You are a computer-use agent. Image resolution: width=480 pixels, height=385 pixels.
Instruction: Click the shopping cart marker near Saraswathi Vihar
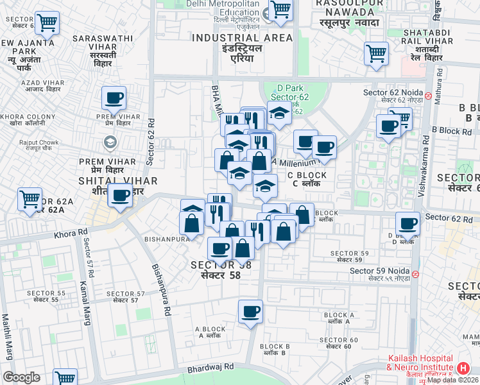pyautogui.click(x=47, y=23)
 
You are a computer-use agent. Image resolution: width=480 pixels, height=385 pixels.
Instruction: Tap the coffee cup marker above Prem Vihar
pyautogui.click(x=114, y=98)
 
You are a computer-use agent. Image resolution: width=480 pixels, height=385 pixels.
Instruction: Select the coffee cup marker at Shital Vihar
pyautogui.click(x=120, y=196)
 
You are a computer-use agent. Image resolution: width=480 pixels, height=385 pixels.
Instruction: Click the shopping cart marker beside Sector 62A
pyautogui.click(x=30, y=200)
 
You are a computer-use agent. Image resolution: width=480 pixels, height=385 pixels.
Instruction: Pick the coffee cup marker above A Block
pyautogui.click(x=250, y=312)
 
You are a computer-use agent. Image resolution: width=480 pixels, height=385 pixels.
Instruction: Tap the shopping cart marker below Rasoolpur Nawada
pyautogui.click(x=376, y=53)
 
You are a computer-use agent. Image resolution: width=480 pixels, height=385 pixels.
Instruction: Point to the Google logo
pyautogui.click(x=21, y=377)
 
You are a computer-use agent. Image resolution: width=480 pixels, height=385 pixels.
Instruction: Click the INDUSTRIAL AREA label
pyautogui.click(x=243, y=38)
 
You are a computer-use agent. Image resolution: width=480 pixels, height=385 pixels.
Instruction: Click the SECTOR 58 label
pyautogui.click(x=221, y=265)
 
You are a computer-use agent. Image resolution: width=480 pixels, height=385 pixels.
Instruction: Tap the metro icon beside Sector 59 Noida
pyautogui.click(x=416, y=274)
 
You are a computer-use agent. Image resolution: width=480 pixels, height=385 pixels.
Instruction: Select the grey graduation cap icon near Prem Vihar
pyautogui.click(x=110, y=142)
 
